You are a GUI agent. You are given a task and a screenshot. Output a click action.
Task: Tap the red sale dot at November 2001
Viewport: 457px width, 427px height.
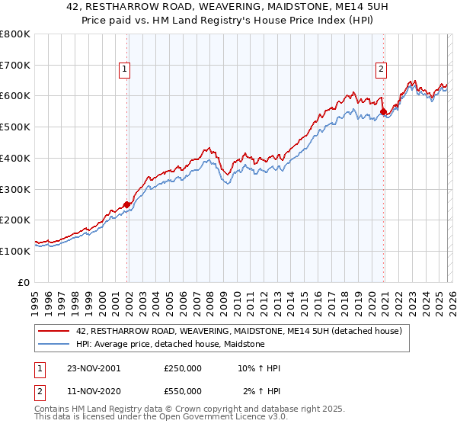coord(126,204)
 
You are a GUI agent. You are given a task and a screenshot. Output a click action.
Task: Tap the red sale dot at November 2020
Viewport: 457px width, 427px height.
coord(383,111)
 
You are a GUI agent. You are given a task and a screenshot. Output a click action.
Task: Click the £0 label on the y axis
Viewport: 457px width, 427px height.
coord(24,282)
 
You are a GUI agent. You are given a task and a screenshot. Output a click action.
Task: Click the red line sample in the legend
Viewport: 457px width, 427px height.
coord(54,331)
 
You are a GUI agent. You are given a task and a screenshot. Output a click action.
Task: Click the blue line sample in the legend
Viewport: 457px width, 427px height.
coord(54,344)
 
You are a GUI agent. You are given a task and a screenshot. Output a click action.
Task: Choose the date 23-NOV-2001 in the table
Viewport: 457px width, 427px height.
coord(94,368)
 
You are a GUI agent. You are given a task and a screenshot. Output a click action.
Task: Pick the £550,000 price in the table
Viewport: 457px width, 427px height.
coord(183,391)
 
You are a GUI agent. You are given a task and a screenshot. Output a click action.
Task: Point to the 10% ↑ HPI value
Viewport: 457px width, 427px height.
coord(259,368)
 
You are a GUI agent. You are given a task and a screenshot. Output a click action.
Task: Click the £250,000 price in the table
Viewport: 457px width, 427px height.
coord(183,368)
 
